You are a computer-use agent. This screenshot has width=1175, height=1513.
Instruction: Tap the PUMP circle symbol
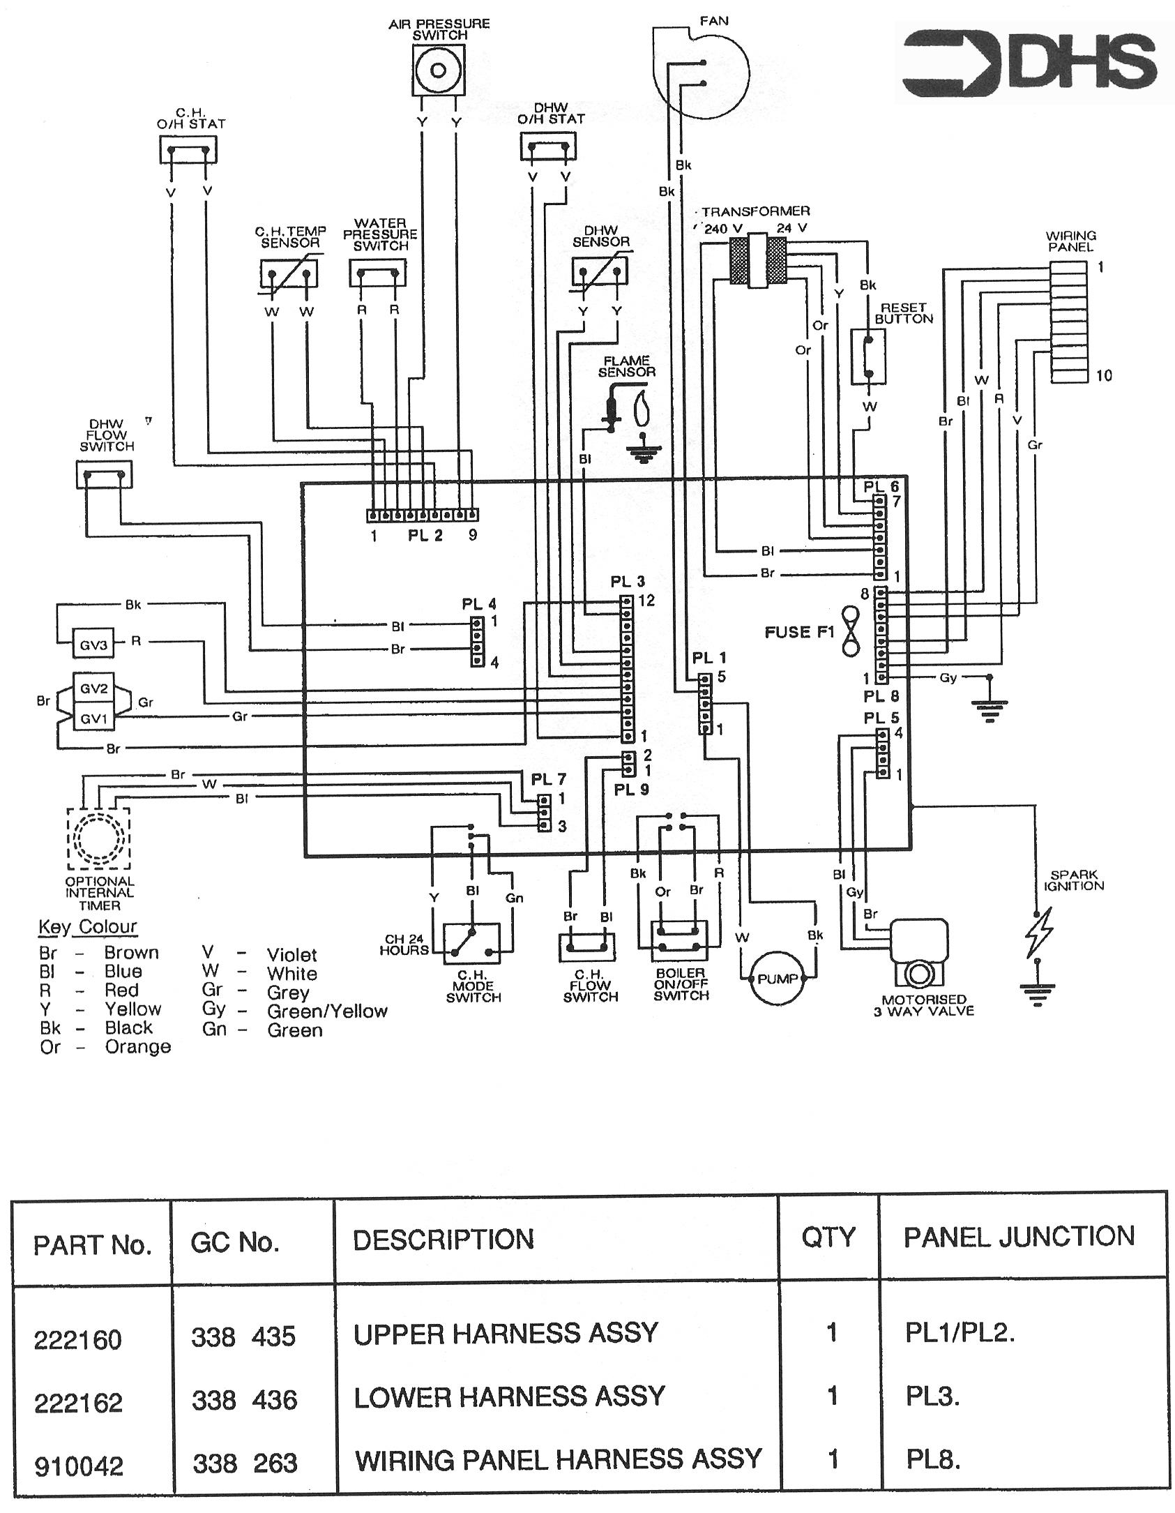778,979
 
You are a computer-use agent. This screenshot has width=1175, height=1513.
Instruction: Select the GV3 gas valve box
93,645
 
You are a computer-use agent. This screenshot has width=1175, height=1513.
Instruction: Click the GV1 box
93,716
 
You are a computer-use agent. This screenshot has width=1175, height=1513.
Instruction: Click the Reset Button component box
869,357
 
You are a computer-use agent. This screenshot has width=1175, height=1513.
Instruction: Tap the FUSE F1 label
800,632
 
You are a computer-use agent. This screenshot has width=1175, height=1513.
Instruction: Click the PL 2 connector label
425,536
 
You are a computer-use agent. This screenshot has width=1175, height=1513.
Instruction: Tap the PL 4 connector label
479,604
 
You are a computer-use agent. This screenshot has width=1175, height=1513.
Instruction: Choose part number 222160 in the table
78,1340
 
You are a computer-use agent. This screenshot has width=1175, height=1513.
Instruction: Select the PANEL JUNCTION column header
1019,1237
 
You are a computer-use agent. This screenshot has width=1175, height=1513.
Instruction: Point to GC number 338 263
245,1463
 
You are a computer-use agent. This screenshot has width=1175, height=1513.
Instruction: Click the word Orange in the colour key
137,1047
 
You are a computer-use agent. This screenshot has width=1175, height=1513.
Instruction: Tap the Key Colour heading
87,927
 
